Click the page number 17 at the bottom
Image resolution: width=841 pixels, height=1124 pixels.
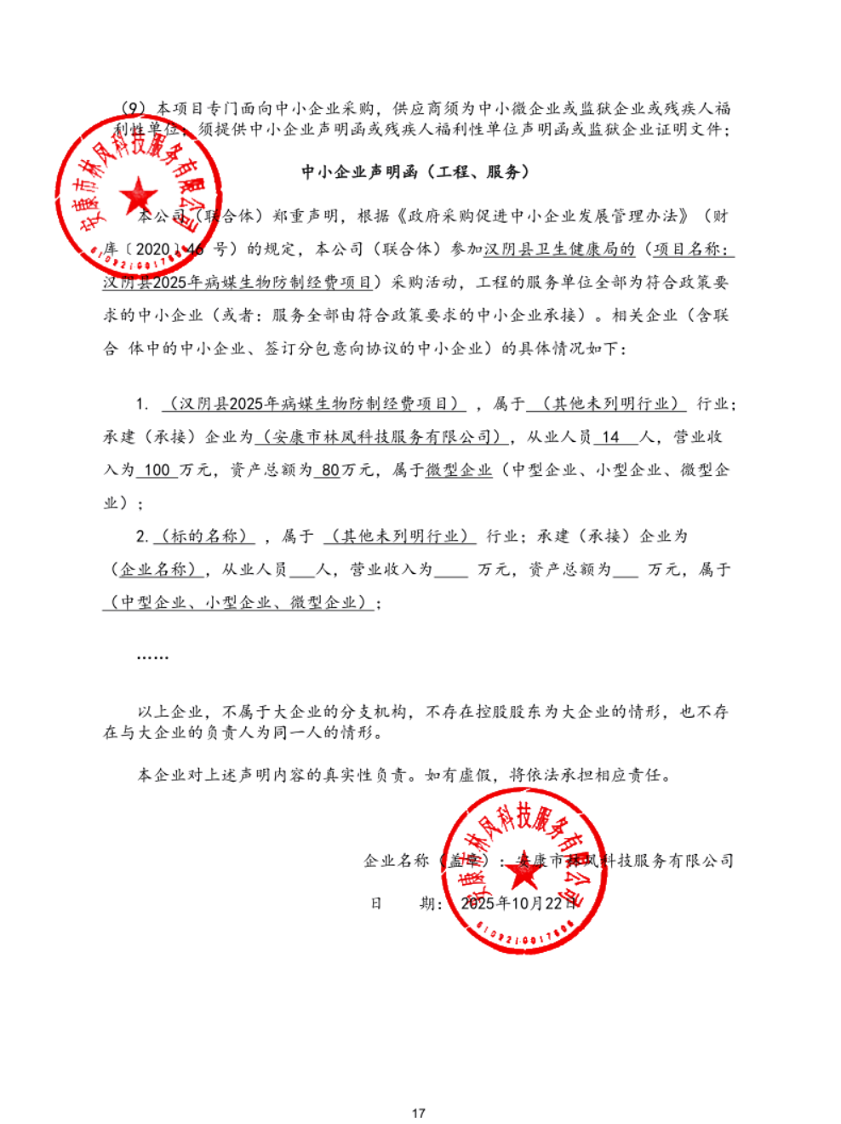[x=418, y=1113]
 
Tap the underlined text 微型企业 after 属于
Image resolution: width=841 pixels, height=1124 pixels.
[x=459, y=470]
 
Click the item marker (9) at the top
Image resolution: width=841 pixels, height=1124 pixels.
[x=135, y=108]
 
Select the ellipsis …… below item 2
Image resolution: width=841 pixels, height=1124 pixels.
[x=153, y=656]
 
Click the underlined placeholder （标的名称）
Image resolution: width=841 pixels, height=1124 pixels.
[x=204, y=536]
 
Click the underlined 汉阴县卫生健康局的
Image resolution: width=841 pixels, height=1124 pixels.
[x=559, y=249]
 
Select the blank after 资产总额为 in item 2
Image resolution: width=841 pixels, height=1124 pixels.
[x=625, y=570]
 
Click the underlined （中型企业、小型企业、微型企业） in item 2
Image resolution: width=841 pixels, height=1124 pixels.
[x=238, y=603]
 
